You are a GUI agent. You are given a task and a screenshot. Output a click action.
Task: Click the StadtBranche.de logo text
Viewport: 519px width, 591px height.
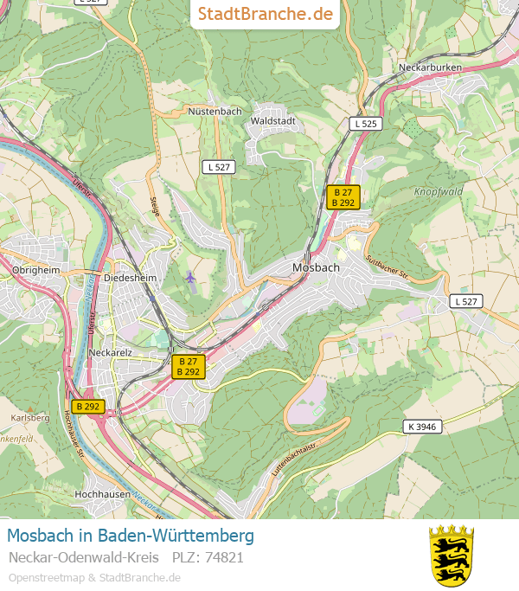265,14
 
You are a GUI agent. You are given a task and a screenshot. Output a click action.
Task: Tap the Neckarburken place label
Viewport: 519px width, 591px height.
430,67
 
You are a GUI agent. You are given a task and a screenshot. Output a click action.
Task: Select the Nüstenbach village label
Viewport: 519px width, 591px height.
215,112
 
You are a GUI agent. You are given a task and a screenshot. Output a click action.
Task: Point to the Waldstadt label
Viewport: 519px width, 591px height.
272,121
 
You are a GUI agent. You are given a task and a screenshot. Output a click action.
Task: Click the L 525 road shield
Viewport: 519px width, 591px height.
365,124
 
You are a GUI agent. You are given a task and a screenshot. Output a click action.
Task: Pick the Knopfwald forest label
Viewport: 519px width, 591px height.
439,191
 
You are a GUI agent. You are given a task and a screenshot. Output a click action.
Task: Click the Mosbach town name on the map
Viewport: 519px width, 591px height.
316,267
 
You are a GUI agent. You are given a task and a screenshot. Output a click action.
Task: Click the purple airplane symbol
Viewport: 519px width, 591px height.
190,277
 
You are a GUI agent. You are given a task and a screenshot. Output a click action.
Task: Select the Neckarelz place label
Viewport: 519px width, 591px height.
111,352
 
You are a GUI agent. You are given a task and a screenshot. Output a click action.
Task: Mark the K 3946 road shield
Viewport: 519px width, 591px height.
421,426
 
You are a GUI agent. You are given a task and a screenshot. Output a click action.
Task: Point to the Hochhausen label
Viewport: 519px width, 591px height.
102,494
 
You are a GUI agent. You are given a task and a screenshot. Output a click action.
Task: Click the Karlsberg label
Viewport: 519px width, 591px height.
30,418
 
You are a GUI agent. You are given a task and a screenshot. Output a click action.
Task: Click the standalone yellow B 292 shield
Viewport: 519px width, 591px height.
88,406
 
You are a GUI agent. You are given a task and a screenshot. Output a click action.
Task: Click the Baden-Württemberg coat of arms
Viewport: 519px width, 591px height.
452,555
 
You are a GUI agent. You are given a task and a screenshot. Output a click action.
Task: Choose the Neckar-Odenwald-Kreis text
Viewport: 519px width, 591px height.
83,557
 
